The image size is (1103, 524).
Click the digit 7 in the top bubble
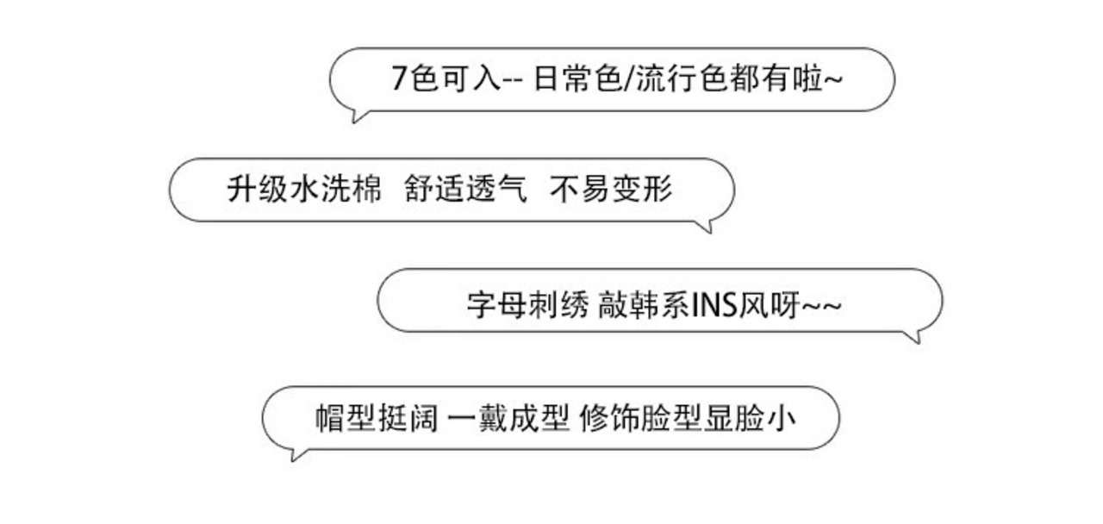(399, 79)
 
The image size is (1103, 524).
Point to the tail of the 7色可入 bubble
(358, 115)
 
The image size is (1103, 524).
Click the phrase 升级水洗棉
(304, 190)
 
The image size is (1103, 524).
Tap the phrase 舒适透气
(465, 190)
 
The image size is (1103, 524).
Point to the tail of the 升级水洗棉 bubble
(707, 227)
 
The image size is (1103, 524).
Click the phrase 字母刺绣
(527, 306)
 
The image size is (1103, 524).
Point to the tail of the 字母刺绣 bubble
(914, 337)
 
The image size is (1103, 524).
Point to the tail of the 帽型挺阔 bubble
(296, 454)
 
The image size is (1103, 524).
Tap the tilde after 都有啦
(832, 80)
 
